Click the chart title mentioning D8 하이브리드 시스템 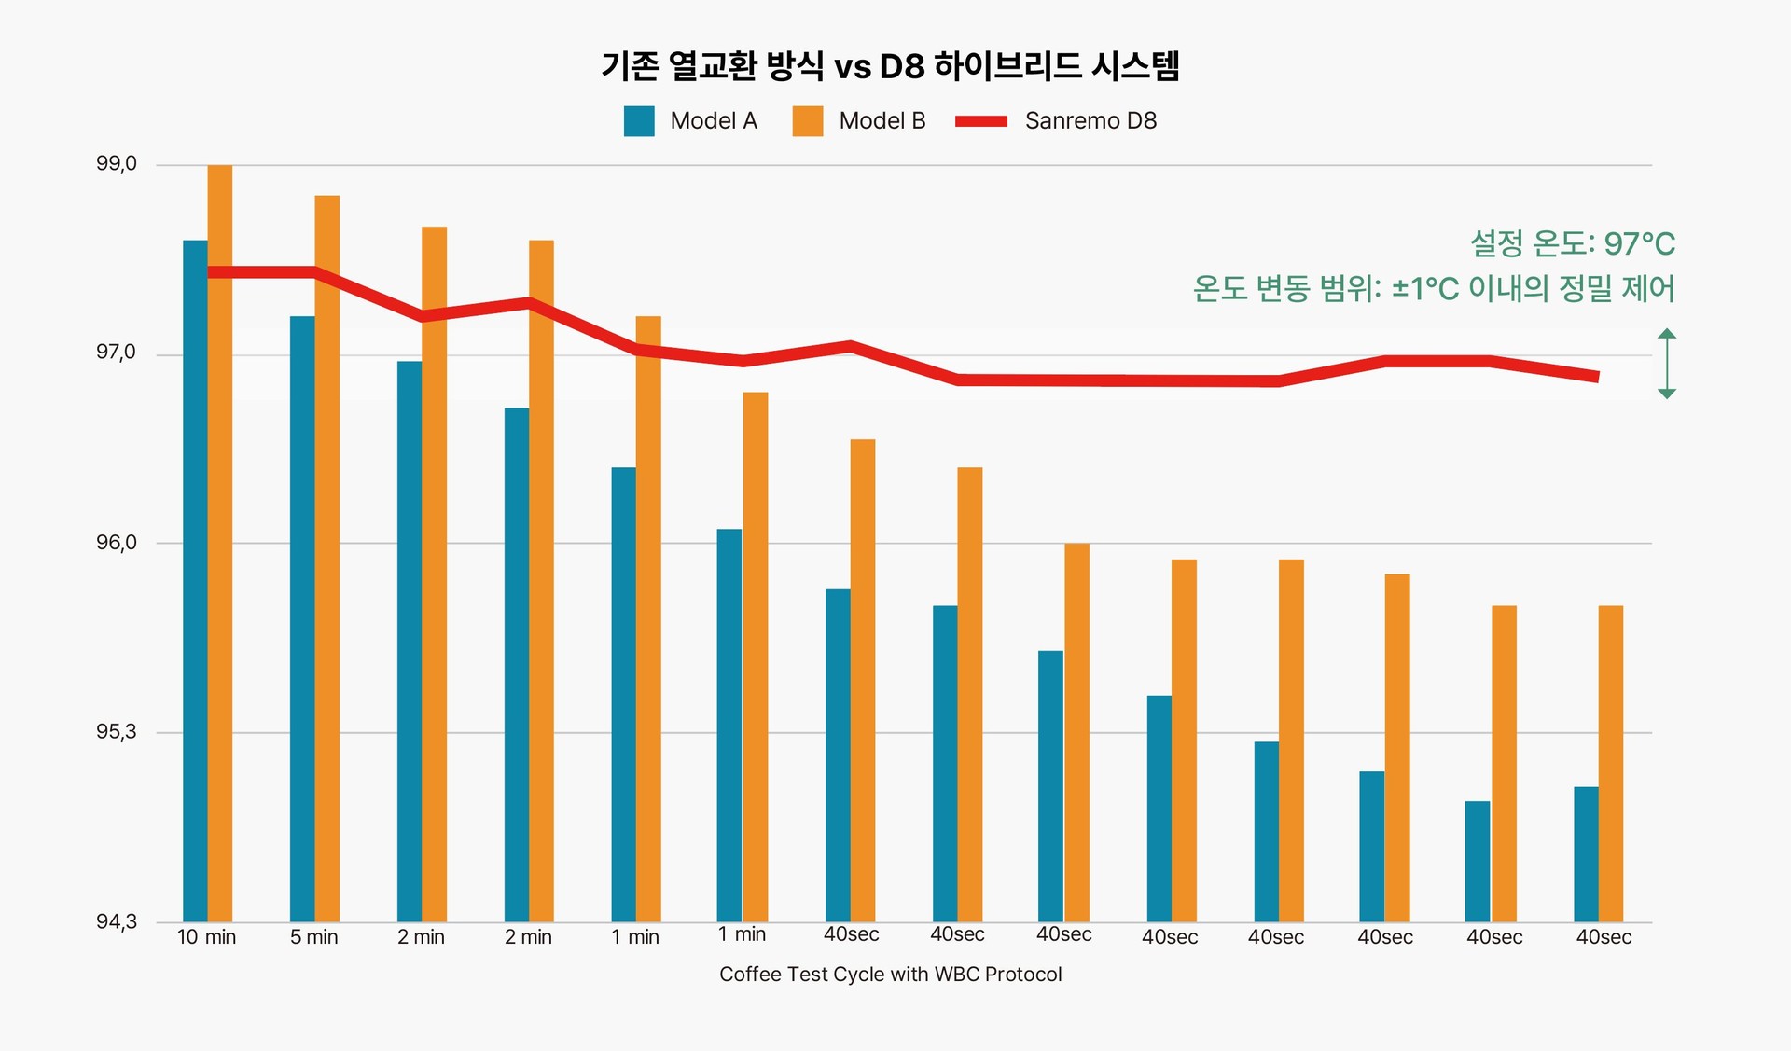(891, 66)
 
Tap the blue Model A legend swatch (639, 121)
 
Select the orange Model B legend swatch (808, 121)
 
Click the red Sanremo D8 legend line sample (981, 121)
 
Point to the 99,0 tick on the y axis (117, 164)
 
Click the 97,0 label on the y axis (117, 353)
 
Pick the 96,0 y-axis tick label (117, 543)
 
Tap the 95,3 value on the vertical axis (117, 732)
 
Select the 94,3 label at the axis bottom (117, 922)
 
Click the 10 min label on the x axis (206, 937)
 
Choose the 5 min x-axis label (313, 937)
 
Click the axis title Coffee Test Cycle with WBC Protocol (890, 975)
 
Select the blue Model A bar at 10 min (195, 578)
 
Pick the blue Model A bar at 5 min (302, 615)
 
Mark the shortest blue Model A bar (1478, 862)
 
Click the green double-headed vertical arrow (1667, 364)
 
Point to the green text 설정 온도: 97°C (1573, 244)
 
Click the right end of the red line (1597, 377)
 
